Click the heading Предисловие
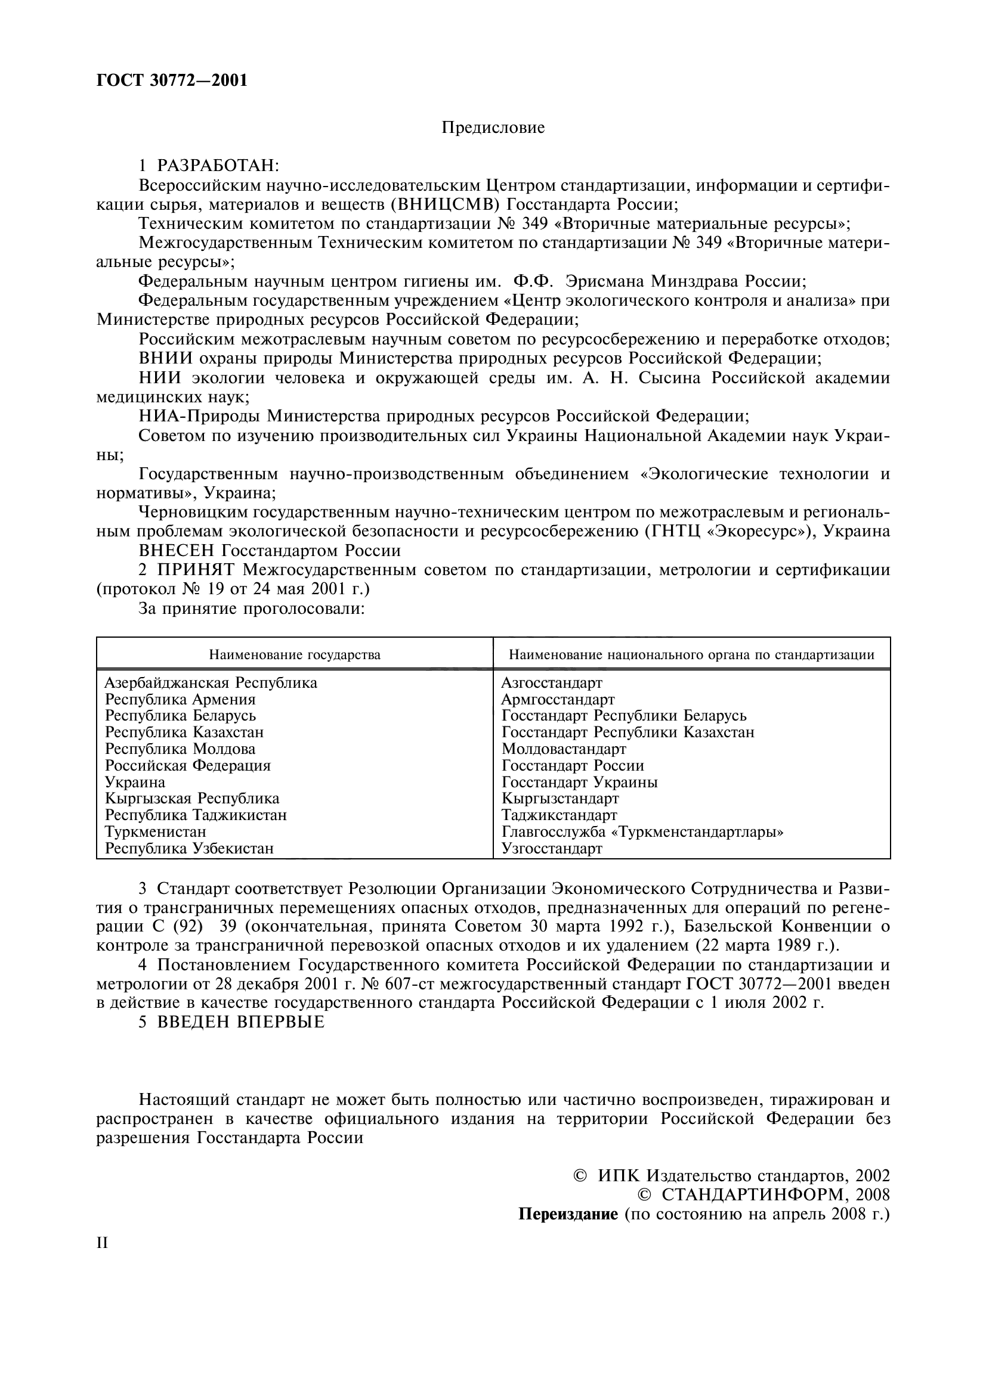[x=493, y=128]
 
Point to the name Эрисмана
[x=604, y=282]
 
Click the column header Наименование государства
[x=295, y=654]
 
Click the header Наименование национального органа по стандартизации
[x=691, y=654]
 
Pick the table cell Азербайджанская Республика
[x=211, y=683]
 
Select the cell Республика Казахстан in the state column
[x=184, y=732]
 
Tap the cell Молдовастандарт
[x=564, y=749]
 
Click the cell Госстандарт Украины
[x=580, y=782]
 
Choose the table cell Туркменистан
[x=156, y=831]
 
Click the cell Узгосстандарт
[x=552, y=848]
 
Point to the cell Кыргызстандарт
[x=560, y=799]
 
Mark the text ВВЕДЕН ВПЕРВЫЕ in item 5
[x=240, y=1022]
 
